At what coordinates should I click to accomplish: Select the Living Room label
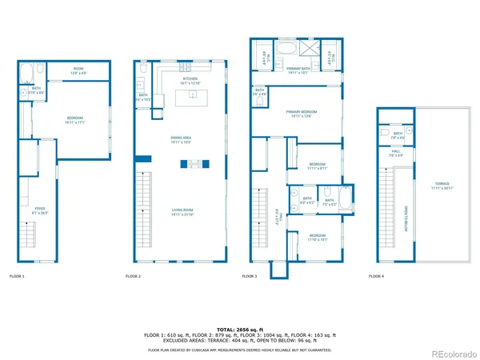pyautogui.click(x=181, y=212)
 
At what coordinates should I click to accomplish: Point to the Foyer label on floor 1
pyautogui.click(x=40, y=211)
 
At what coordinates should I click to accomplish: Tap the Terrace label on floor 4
pyautogui.click(x=442, y=186)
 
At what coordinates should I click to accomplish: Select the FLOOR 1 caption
pyautogui.click(x=17, y=276)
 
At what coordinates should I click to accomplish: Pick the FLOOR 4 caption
pyautogui.click(x=376, y=276)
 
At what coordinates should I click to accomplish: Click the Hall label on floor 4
pyautogui.click(x=395, y=150)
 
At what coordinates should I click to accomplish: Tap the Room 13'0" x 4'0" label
pyautogui.click(x=78, y=70)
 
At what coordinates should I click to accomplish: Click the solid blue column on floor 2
pyautogui.click(x=142, y=158)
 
